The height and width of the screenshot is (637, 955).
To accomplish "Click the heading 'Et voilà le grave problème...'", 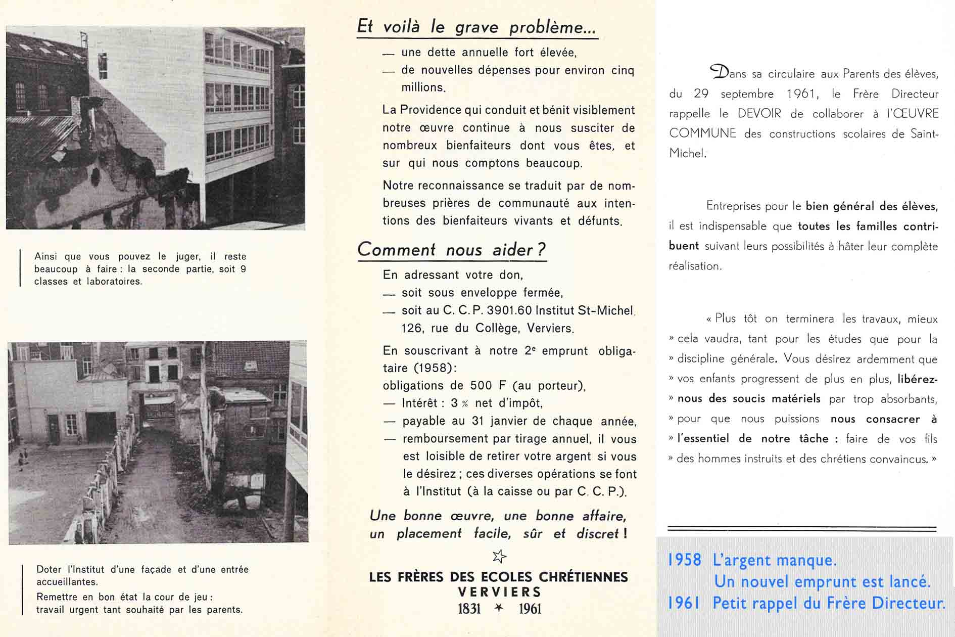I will point(476,27).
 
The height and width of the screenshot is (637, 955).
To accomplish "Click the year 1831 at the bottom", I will point(469,609).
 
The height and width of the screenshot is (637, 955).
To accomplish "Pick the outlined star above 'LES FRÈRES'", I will point(499,557).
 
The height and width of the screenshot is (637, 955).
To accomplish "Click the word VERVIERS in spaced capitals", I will point(499,592).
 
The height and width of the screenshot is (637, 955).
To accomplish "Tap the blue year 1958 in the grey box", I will point(685,560).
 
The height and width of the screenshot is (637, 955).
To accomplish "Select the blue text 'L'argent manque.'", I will point(775,560).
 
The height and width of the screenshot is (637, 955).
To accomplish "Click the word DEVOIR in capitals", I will point(759,114).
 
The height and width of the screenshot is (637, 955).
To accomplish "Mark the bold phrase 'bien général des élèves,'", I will point(872,206).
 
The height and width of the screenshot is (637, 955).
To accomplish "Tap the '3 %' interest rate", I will point(459,403).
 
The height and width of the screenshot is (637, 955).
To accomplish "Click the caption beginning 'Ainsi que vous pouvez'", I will point(140,269).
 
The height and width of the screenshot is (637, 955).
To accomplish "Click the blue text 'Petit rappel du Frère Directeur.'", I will point(829,603).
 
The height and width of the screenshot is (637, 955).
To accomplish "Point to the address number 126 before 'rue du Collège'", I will point(412,328).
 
